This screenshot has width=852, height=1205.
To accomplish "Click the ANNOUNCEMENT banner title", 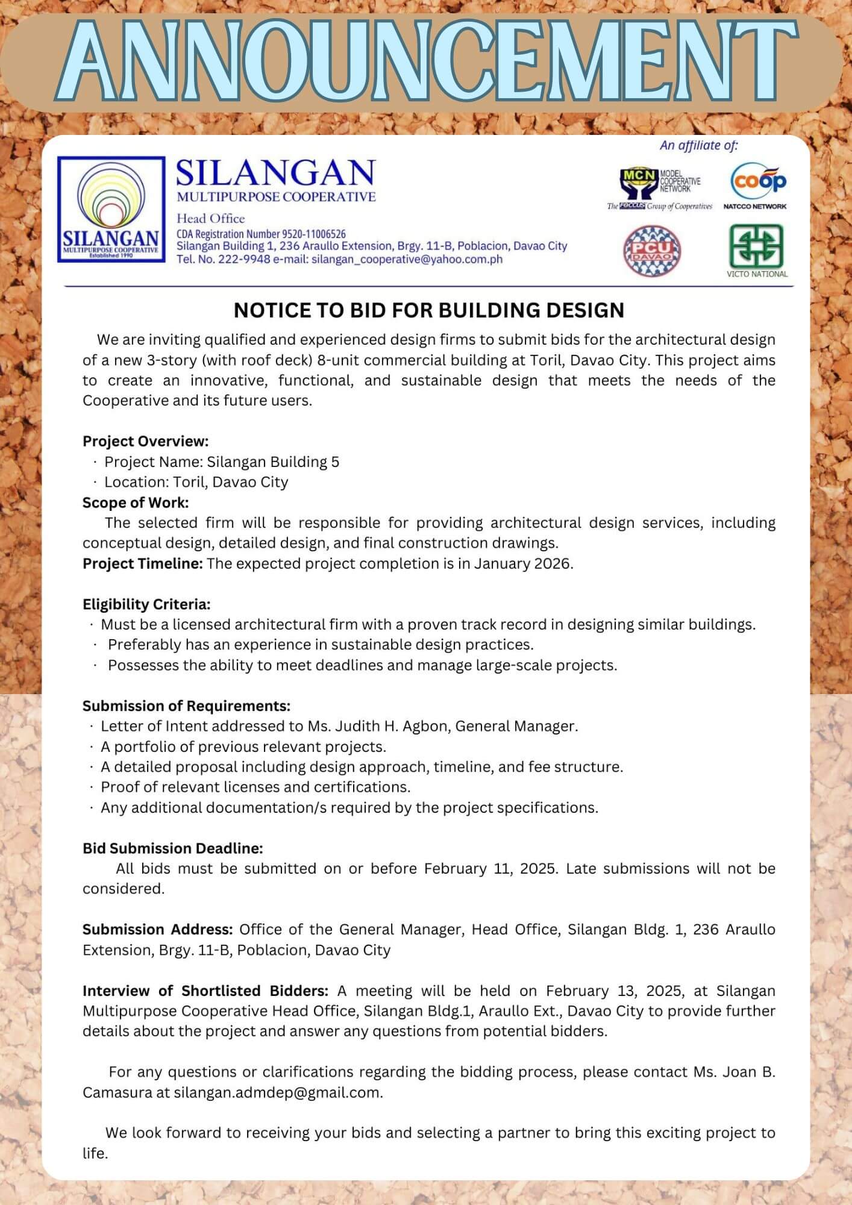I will pos(425,63).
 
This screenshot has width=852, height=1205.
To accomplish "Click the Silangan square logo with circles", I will pos(111,209).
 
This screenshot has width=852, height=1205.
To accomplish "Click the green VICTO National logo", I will pos(756,250).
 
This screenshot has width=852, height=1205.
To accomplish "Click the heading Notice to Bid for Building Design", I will pos(428,310).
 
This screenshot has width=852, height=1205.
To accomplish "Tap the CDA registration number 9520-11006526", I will pos(313,234).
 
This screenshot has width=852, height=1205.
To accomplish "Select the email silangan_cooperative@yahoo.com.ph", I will pos(407,260).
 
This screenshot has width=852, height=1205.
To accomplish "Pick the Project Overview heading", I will pos(145,441).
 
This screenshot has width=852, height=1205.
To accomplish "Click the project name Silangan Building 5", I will pos(273,462).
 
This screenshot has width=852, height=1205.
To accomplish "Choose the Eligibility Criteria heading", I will pos(146,604).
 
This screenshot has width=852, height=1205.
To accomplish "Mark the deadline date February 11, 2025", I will pos(490,869).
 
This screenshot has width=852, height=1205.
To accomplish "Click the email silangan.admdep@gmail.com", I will pos(277,1093).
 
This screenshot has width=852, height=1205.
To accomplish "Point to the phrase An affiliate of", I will pos(698,145).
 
